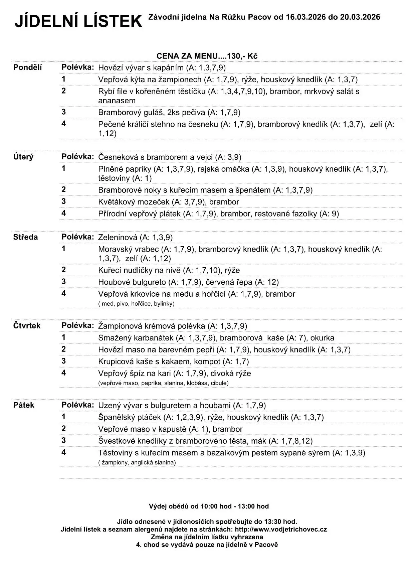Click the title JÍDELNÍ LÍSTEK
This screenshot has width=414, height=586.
[x=78, y=21]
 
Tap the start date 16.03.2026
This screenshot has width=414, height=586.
[x=305, y=17]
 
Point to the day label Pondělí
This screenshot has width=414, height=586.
[x=28, y=67]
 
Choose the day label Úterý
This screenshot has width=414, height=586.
[x=23, y=157]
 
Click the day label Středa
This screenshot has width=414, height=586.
[x=25, y=237]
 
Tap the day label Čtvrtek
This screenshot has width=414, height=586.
[x=27, y=325]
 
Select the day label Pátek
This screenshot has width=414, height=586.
[x=24, y=405]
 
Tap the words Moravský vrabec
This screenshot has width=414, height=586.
[x=129, y=249]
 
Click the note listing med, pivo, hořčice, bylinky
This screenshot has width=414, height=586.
[x=136, y=304]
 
